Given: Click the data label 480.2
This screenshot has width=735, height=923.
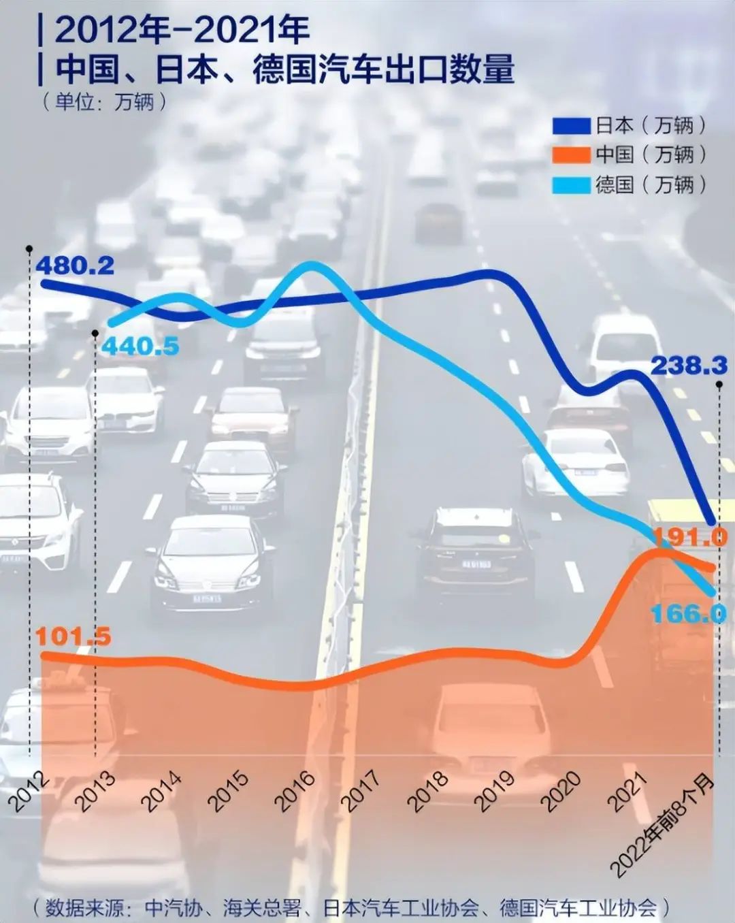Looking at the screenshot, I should pos(76,265).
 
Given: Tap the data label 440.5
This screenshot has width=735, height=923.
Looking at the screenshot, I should pos(141,346).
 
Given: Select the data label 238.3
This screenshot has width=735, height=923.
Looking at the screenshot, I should pos(689,366).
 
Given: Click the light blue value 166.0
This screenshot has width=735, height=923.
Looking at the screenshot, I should pos(689,614).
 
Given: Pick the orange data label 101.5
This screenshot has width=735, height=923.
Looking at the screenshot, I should pos(73,636).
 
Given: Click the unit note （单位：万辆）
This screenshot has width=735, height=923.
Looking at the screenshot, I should pos(104,102).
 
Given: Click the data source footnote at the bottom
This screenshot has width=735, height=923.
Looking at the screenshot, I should pos(350,907).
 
